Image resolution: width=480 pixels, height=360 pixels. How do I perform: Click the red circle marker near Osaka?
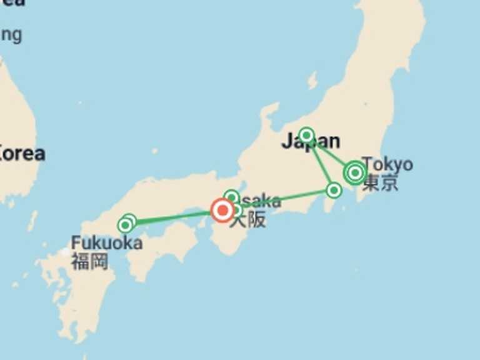click(x=222, y=210)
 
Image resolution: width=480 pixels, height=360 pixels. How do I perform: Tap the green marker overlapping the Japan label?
click(x=306, y=135)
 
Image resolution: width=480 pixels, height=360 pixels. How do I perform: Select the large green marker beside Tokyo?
click(x=355, y=172)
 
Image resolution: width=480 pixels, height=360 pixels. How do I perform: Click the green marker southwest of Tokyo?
click(x=334, y=190)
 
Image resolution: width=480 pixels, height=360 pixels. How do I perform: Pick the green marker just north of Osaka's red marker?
click(x=231, y=197)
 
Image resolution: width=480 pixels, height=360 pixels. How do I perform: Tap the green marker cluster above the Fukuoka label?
click(x=127, y=223)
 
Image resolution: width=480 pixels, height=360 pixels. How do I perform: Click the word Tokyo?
click(x=387, y=164)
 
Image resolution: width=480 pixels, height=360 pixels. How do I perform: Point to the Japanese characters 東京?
click(x=381, y=182)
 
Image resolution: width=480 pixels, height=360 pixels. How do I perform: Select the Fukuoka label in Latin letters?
click(x=106, y=242)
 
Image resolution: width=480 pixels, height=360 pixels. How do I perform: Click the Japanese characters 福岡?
click(x=89, y=261)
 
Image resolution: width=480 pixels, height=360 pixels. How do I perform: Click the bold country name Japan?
click(x=311, y=142)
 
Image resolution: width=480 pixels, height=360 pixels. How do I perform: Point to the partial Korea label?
click(x=22, y=153)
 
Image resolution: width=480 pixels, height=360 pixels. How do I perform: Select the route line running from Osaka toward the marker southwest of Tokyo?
click(x=287, y=197)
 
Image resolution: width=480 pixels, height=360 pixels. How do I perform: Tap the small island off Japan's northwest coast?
click(x=312, y=81)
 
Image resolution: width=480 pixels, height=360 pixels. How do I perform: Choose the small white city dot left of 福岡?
click(x=65, y=252)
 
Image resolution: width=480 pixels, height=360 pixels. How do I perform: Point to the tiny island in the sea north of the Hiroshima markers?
click(x=154, y=151)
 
